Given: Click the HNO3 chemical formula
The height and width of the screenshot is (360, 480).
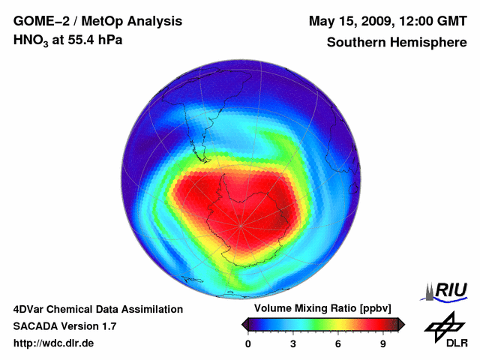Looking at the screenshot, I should click(32, 40).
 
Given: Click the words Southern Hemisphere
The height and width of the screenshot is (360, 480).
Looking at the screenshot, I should click(397, 42).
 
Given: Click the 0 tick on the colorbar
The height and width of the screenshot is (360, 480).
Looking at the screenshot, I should click(248, 344).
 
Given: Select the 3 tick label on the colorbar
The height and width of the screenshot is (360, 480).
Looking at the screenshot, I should click(293, 344).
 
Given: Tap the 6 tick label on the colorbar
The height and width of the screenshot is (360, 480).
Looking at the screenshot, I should click(338, 344).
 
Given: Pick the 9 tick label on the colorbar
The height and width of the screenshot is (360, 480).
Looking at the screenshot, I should click(382, 344).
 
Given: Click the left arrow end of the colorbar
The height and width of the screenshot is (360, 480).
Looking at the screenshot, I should click(244, 324).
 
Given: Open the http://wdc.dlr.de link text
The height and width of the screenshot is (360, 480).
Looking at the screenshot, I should click(54, 344).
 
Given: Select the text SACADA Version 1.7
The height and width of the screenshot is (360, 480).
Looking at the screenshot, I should click(64, 326).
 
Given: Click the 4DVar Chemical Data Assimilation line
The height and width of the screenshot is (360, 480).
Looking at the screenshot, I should click(98, 309).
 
